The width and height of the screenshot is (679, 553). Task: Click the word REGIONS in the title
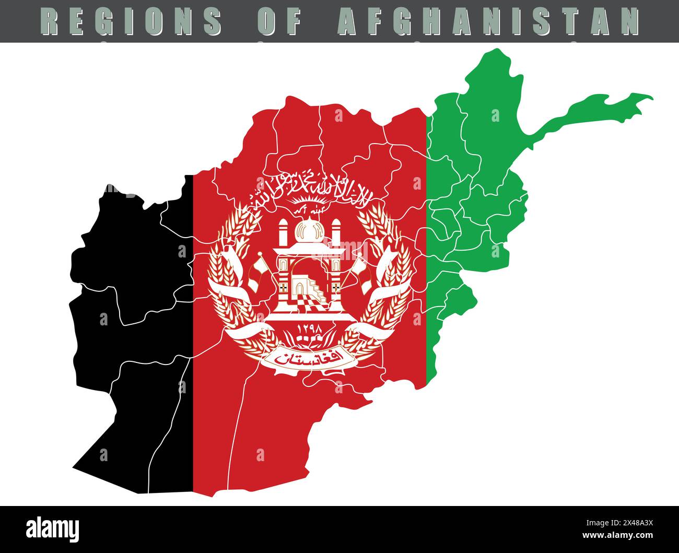tap(131, 20)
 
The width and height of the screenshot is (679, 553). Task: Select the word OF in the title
tap(280, 20)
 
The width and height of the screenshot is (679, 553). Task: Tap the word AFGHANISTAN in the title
tap(489, 20)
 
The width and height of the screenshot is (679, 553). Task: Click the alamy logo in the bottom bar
tap(53, 529)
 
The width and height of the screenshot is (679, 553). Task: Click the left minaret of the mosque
tap(283, 233)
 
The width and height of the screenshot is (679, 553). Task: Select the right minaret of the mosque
tap(336, 233)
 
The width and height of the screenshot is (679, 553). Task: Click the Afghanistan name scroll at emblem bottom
tap(309, 359)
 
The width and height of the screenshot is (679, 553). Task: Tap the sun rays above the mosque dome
tap(309, 201)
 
